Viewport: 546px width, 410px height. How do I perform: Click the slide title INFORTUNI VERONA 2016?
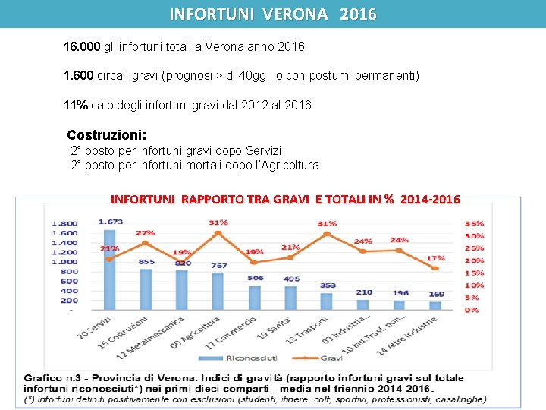pyautogui.click(x=272, y=14)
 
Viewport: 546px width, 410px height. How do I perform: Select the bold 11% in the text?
pyautogui.click(x=76, y=105)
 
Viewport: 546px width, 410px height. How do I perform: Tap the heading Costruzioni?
pyautogui.click(x=107, y=134)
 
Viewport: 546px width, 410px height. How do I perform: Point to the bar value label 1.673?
pyautogui.click(x=111, y=222)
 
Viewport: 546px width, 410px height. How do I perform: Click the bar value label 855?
pyautogui.click(x=146, y=262)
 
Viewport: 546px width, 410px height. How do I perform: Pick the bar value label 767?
pyautogui.click(x=219, y=266)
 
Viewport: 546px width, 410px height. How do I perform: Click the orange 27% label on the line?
pyautogui.click(x=146, y=233)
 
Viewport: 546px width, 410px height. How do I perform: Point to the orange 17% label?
pyautogui.click(x=436, y=258)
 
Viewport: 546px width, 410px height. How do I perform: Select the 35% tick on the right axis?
pyautogui.click(x=474, y=224)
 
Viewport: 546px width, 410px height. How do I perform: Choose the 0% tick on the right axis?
pyautogui.click(x=472, y=310)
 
